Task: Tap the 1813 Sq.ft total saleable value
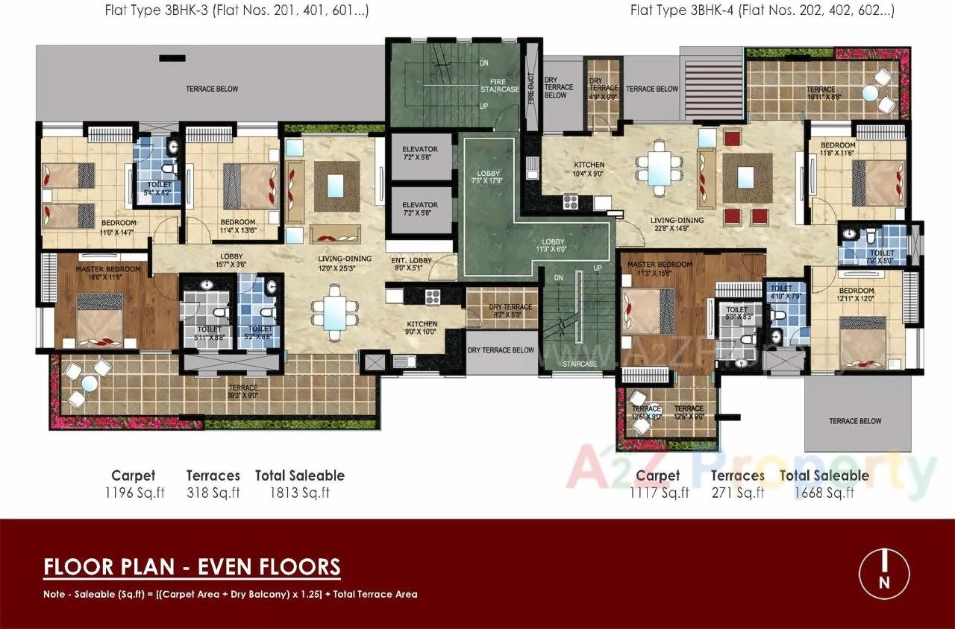[299, 493]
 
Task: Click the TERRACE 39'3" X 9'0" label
[243, 392]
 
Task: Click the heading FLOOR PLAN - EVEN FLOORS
[192, 567]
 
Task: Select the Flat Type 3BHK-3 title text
[238, 10]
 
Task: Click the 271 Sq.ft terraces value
[737, 493]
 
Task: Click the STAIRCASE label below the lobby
[580, 364]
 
